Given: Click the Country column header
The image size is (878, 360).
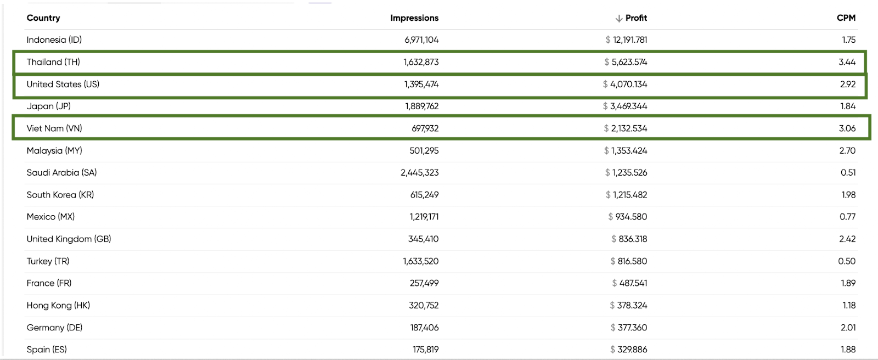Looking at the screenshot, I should tap(43, 18).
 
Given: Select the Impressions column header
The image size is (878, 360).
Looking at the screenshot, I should tap(414, 18).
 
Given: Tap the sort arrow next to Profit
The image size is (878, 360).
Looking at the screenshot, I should tap(619, 19).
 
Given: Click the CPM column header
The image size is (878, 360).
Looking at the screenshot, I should tap(846, 18).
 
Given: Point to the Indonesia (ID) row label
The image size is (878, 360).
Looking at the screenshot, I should tap(54, 40).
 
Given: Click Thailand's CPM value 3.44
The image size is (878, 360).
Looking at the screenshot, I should tap(847, 62).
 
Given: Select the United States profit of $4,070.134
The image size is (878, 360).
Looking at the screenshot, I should tap(625, 85).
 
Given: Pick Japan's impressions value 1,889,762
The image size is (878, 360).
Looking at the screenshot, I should tap(422, 106).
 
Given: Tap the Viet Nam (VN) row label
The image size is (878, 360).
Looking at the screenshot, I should tap(54, 128).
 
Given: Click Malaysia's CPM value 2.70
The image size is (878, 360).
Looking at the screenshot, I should tap(847, 151).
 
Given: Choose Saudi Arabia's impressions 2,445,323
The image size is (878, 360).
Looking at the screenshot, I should tap(420, 173).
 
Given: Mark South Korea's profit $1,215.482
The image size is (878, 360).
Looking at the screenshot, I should tap(627, 195).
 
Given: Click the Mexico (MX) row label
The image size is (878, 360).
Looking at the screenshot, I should tap(50, 217).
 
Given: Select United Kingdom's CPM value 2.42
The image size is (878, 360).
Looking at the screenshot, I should tap(847, 239).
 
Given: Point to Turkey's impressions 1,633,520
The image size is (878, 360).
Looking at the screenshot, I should tap(421, 261).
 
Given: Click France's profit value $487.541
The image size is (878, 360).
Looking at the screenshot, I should tap(629, 283).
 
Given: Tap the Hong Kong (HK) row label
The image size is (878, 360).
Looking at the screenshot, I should tap(58, 306).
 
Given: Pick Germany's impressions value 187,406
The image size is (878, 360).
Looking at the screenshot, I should tap(424, 328).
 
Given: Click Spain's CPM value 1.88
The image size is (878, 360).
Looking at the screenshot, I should tap(848, 350).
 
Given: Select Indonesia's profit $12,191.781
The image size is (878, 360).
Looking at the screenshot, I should tap(626, 40).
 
